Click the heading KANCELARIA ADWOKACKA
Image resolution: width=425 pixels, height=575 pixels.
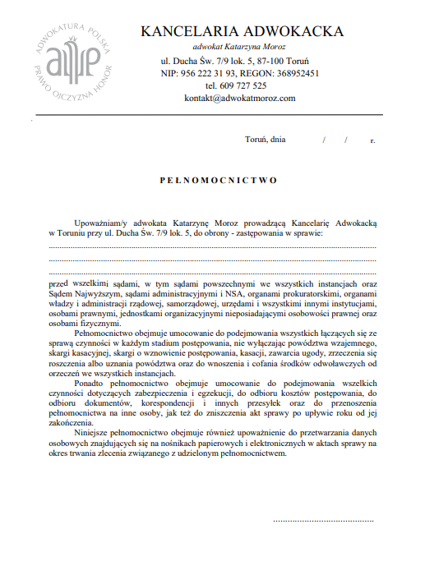click(x=243, y=31)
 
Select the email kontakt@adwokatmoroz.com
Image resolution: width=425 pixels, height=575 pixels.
click(x=239, y=98)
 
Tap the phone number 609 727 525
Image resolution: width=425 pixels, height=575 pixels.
click(x=247, y=85)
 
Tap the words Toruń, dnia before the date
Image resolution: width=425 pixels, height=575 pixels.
click(x=266, y=140)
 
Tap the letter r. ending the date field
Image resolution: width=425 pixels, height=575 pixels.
click(x=372, y=140)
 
